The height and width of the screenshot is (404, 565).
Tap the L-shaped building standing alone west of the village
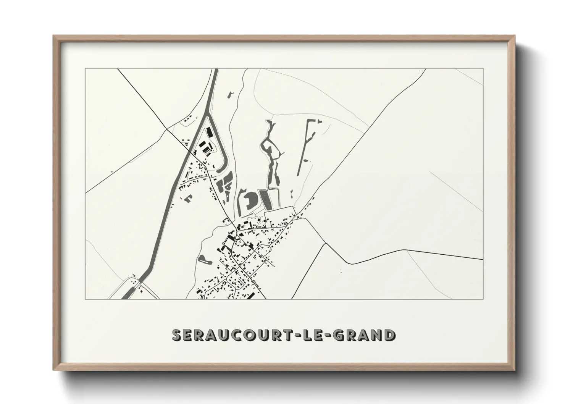click(x=189, y=198)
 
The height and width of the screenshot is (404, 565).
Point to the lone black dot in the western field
click(x=112, y=172)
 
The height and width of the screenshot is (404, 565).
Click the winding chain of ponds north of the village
click(x=272, y=153)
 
